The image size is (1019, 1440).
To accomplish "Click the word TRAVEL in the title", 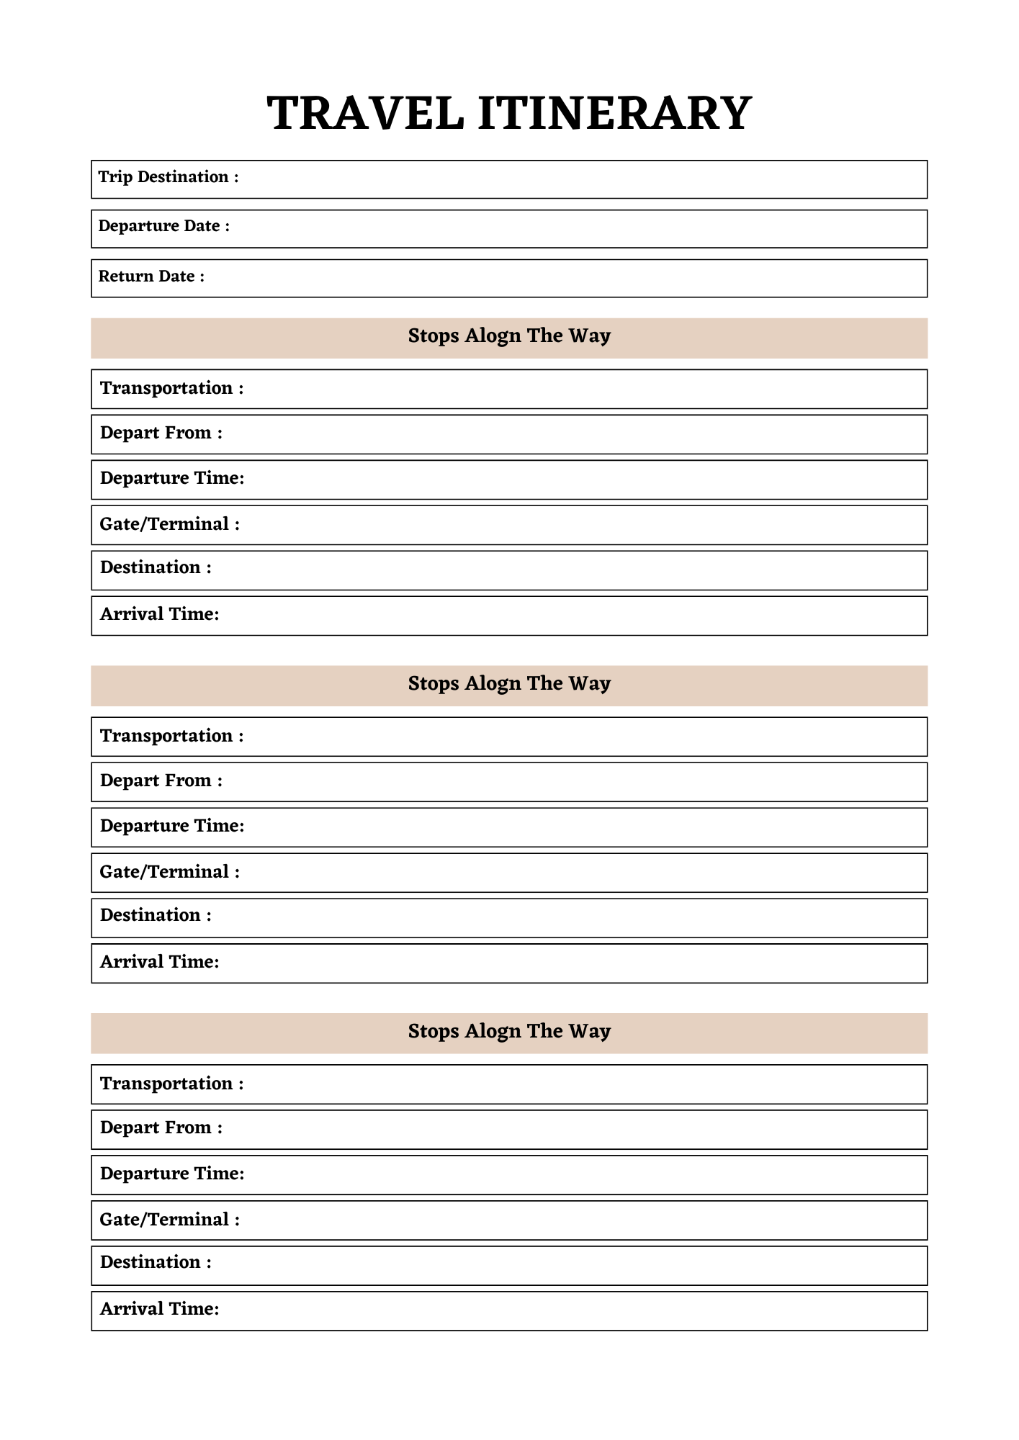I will [365, 114].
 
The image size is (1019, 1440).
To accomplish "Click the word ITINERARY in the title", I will [614, 114].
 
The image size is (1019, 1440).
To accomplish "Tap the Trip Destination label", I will [168, 177].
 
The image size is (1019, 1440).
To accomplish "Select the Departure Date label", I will [163, 226].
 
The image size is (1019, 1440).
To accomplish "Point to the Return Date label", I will [151, 276].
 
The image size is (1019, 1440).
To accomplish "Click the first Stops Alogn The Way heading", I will [509, 336].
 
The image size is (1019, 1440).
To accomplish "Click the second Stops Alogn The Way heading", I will [509, 684].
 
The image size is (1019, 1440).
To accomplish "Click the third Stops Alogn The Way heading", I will [509, 1032].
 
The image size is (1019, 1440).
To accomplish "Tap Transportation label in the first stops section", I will [171, 389].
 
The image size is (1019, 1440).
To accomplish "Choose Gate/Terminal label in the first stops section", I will [169, 524].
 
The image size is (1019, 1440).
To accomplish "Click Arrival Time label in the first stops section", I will [159, 614].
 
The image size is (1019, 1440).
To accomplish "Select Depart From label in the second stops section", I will [161, 781].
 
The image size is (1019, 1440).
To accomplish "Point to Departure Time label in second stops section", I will [172, 826].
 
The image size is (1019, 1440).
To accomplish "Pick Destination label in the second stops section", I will [156, 915].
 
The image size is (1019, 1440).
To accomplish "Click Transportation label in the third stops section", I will [171, 1084].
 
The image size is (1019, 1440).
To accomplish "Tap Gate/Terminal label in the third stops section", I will [169, 1220].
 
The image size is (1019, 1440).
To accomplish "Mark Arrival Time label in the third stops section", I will [159, 1309].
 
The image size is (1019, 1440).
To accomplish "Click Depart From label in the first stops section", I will [161, 433].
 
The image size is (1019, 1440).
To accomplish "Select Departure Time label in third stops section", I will [172, 1174].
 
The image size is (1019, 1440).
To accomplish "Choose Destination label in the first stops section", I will [156, 568].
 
